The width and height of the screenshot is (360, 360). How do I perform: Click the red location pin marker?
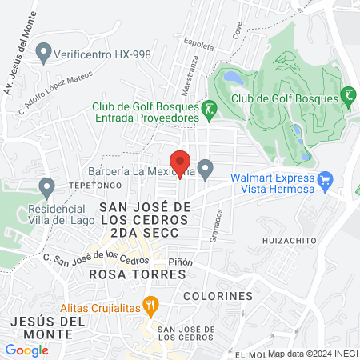click(x=181, y=161)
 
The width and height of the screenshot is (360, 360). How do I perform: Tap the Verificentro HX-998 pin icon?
click(x=43, y=54)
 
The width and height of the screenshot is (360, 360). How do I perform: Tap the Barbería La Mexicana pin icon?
click(x=206, y=170)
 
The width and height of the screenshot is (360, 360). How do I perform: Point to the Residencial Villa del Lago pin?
click(x=46, y=188)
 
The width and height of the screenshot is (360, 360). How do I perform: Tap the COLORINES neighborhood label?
click(x=218, y=296)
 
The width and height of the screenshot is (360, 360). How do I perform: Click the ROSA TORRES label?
click(x=138, y=274)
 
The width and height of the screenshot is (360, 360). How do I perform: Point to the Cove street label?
click(x=236, y=31)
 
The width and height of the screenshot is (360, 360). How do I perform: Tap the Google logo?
click(x=26, y=350)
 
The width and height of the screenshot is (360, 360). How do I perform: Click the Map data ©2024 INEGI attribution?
click(x=312, y=354)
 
